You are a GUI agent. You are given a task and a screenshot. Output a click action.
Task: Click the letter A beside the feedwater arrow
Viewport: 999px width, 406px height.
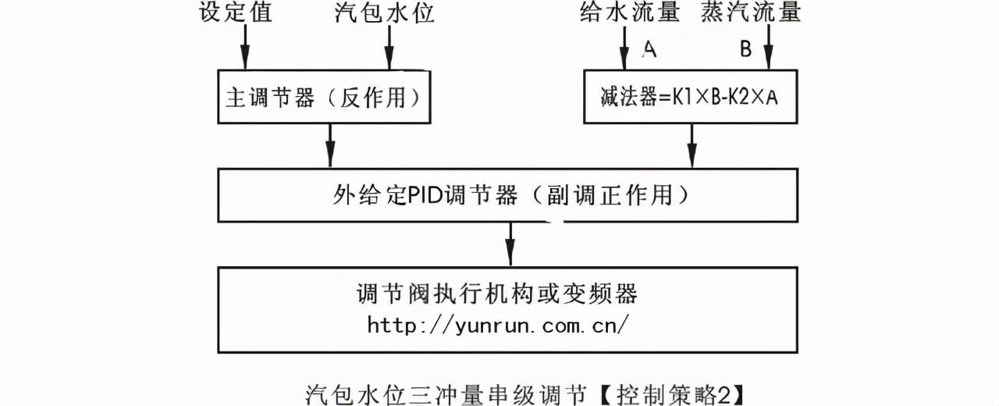pyautogui.click(x=649, y=50)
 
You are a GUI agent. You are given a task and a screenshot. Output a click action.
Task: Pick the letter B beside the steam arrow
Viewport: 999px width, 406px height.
pyautogui.click(x=745, y=50)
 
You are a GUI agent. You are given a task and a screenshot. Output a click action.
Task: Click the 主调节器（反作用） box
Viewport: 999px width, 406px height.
pyautogui.click(x=323, y=98)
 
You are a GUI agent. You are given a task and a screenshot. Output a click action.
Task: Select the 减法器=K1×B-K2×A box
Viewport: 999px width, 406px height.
pyautogui.click(x=691, y=98)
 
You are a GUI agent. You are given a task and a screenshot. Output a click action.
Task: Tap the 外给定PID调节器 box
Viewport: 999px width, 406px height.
pyautogui.click(x=508, y=194)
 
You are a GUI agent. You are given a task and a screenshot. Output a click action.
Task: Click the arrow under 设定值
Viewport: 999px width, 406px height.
pyautogui.click(x=244, y=47)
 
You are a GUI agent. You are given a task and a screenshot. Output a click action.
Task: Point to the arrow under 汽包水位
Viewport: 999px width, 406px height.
pyautogui.click(x=389, y=47)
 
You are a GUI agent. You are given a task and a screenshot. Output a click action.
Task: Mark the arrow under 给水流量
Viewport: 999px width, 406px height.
pyautogui.click(x=623, y=47)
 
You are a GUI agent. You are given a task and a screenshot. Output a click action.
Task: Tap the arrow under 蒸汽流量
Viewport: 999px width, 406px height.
pyautogui.click(x=768, y=47)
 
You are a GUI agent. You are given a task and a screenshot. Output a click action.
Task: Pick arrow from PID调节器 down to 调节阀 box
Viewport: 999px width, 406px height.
pyautogui.click(x=510, y=244)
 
